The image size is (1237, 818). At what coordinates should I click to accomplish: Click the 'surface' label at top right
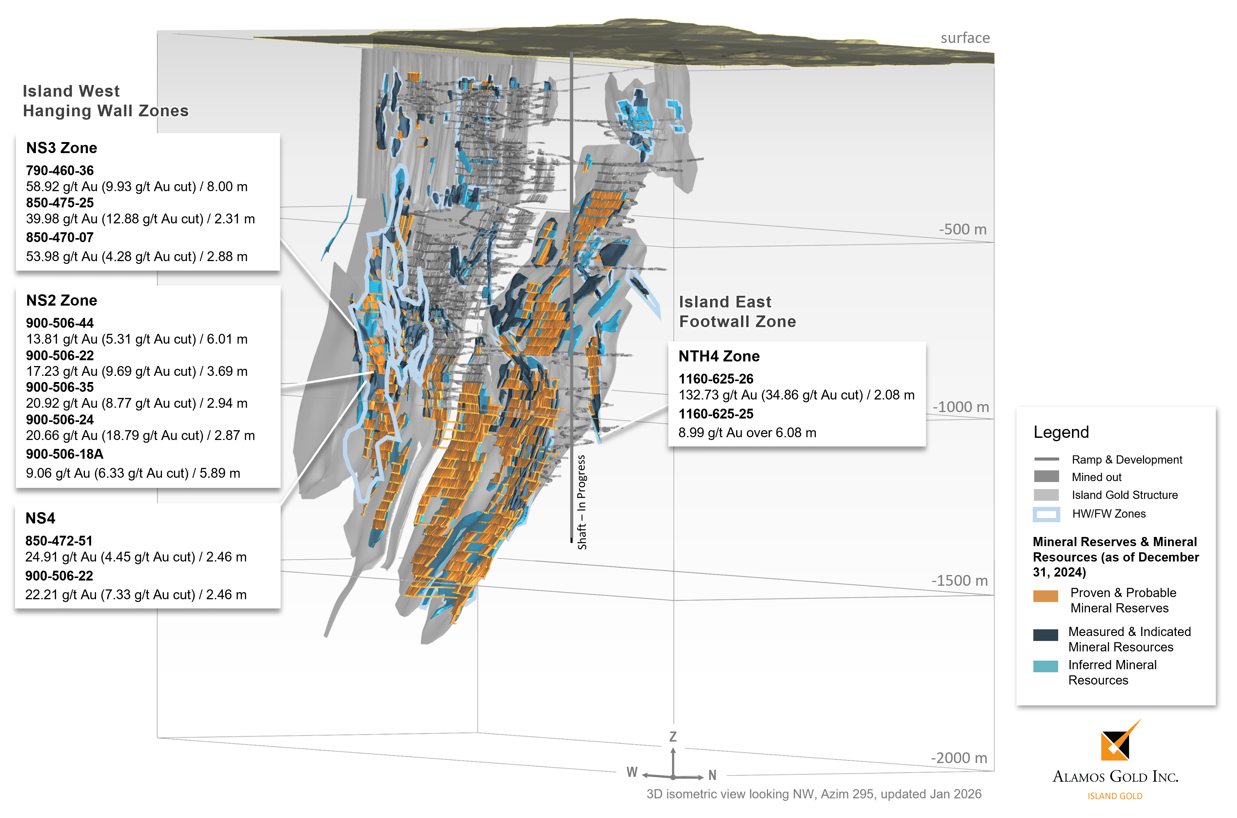[965, 38]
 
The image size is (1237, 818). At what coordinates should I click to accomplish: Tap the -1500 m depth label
[959, 581]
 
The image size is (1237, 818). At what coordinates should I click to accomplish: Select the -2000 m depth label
[959, 758]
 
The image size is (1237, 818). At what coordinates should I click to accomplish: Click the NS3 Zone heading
[62, 148]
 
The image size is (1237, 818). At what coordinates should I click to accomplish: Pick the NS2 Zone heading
[62, 300]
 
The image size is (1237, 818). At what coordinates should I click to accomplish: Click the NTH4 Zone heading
[719, 356]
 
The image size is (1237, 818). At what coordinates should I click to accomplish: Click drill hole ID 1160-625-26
[716, 379]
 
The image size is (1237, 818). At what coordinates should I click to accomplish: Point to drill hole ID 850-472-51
[59, 541]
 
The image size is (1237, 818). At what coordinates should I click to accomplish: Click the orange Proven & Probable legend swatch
[1045, 596]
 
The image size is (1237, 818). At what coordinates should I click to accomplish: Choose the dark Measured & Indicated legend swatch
[1045, 635]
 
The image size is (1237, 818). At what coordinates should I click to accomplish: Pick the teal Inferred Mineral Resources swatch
[1045, 666]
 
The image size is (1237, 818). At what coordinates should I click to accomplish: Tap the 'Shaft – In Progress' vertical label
[582, 502]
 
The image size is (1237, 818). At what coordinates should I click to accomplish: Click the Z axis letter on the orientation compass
[673, 737]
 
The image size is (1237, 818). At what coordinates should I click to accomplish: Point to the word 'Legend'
[1061, 433]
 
